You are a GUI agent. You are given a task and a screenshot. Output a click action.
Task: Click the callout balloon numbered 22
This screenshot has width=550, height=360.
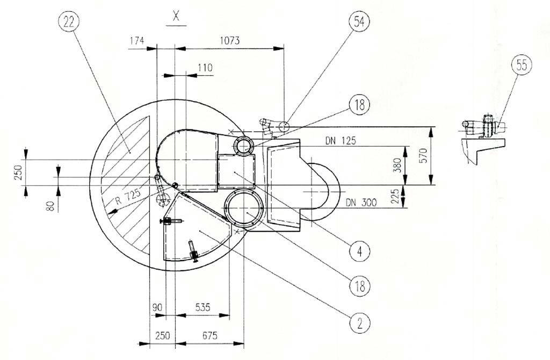point(69,22)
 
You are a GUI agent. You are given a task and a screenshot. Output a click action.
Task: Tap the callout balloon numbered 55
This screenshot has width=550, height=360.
point(522,65)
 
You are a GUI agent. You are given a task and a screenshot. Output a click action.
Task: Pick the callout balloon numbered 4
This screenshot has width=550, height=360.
point(359,251)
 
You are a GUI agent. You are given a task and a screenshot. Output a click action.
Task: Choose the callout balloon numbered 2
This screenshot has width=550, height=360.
point(360,323)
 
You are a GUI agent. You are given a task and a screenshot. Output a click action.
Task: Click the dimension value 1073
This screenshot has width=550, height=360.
point(230,41)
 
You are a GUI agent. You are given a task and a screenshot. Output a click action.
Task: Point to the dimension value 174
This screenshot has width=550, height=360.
point(137,41)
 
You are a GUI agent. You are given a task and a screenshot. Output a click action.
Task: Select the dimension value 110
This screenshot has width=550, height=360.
point(205,67)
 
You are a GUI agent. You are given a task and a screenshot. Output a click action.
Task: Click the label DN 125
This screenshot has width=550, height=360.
point(341,141)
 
